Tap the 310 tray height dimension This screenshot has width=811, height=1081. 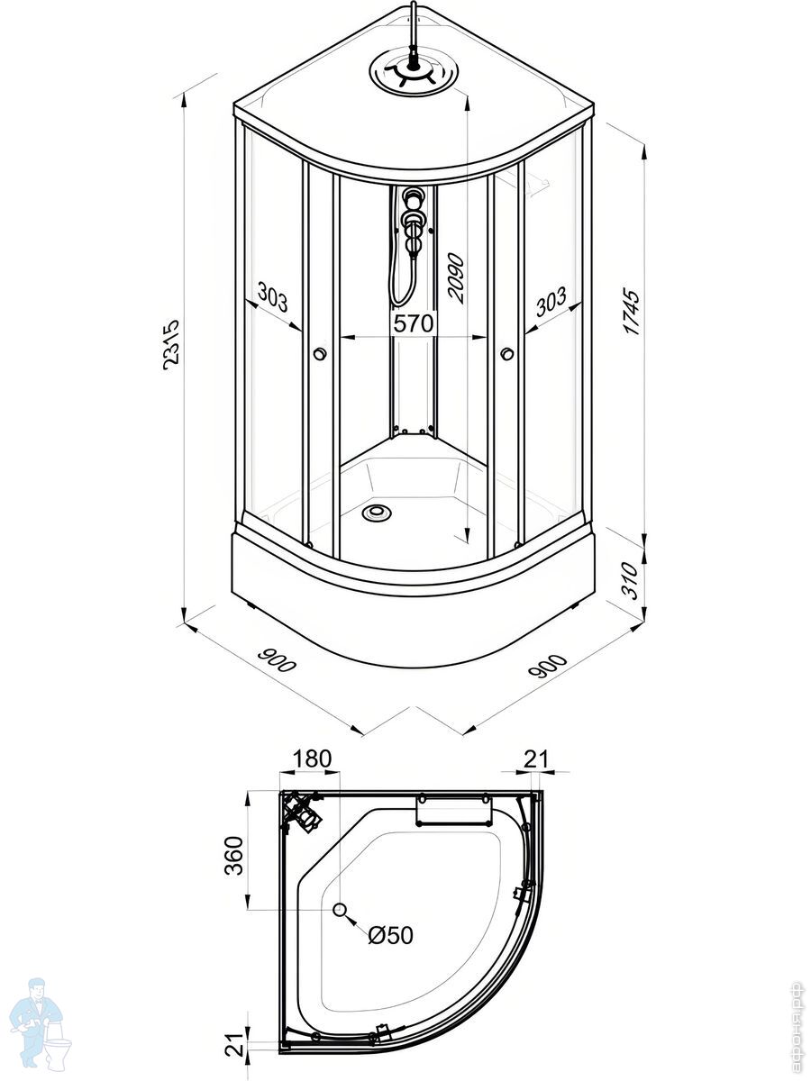point(633,581)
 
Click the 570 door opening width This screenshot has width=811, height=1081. point(414,323)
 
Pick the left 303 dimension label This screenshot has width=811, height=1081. point(272,296)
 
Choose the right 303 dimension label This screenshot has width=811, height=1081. point(550,300)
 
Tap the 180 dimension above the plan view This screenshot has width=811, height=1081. point(313,759)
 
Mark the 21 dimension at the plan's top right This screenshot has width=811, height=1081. point(536,759)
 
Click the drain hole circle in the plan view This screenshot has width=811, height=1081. point(341,910)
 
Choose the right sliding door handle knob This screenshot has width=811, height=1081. point(507,354)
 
